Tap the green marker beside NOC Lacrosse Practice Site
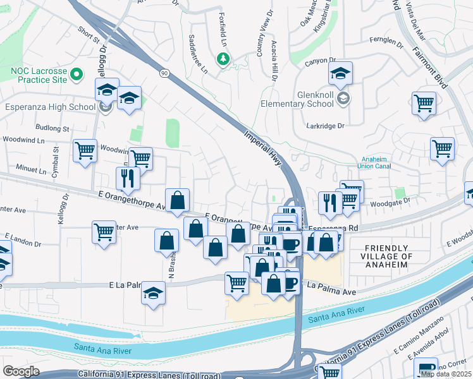(77, 75)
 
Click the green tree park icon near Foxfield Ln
(223, 59)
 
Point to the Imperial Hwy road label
(265, 147)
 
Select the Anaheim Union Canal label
(376, 163)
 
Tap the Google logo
(21, 371)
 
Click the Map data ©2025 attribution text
(445, 374)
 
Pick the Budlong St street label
(53, 128)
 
